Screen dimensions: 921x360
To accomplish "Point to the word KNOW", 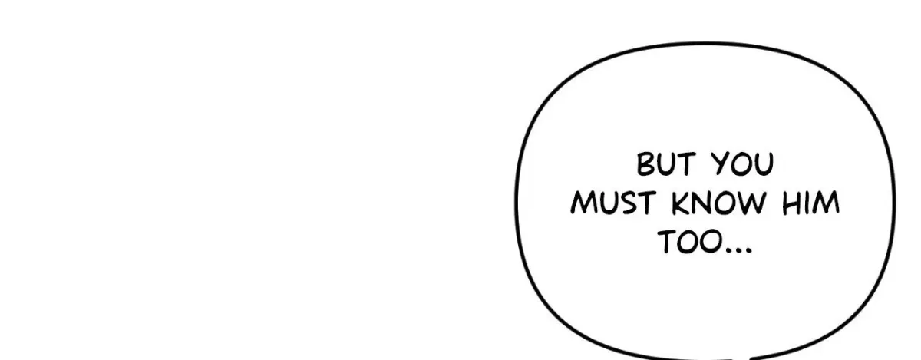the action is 719,203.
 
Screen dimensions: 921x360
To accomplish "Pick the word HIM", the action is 810,203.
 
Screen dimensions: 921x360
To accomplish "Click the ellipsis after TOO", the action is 739,249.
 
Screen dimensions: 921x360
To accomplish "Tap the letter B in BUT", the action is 645,164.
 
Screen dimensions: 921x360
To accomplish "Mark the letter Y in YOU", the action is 721,164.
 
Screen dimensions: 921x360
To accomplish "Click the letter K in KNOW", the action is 681,203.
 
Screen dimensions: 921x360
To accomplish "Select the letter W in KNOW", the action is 752,203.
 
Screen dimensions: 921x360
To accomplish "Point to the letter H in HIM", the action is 791,203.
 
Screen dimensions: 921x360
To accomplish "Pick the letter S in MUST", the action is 629,203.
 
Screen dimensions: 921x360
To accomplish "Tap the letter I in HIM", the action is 807,203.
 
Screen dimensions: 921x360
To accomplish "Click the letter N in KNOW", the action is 701,203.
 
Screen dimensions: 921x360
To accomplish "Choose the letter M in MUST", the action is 584,203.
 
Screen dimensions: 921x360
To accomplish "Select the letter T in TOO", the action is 667,242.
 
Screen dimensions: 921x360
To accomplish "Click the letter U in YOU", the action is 764,164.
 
